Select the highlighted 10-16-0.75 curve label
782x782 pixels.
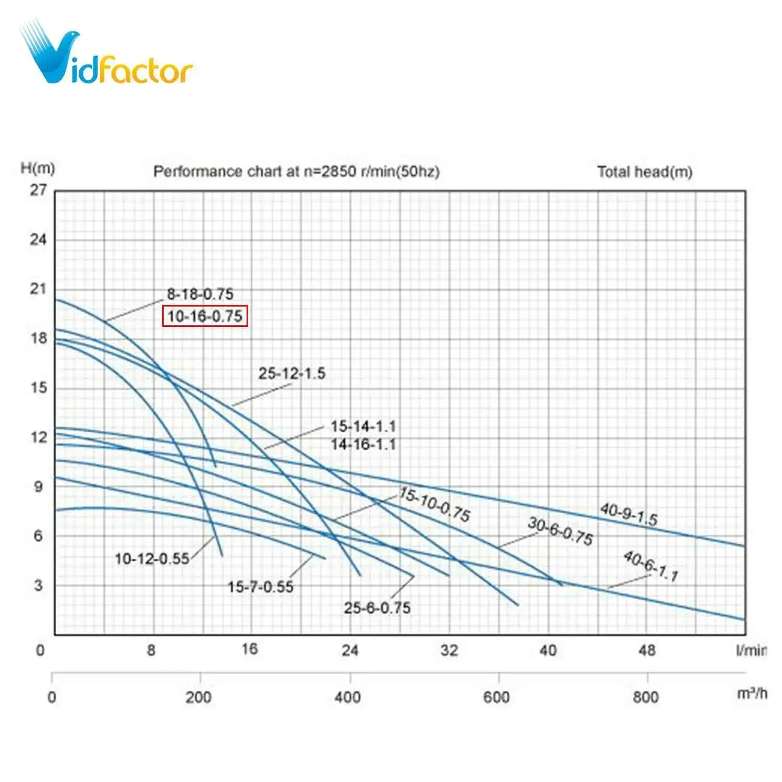pyautogui.click(x=205, y=316)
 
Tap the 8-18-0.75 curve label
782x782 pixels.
pyautogui.click(x=200, y=294)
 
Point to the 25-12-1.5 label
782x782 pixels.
pyautogui.click(x=291, y=373)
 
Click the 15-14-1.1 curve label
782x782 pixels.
pyautogui.click(x=363, y=426)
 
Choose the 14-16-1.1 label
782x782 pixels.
pyautogui.click(x=363, y=444)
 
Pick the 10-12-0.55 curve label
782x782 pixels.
pyautogui.click(x=152, y=558)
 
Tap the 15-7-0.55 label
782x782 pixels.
pyautogui.click(x=260, y=586)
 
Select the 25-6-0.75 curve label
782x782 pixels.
pyautogui.click(x=377, y=607)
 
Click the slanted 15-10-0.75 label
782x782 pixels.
pyautogui.click(x=435, y=504)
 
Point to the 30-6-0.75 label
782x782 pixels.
pyautogui.click(x=560, y=531)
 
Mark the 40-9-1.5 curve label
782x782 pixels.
pyautogui.click(x=628, y=514)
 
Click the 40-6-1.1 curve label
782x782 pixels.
pyautogui.click(x=651, y=566)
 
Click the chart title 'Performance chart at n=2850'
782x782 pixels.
pyautogui.click(x=296, y=172)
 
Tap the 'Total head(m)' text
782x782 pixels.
pyautogui.click(x=644, y=172)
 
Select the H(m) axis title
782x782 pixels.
pyautogui.click(x=38, y=168)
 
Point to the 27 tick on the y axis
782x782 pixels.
pyautogui.click(x=38, y=190)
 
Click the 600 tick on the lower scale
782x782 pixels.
pyautogui.click(x=496, y=697)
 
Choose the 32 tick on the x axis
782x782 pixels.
pyautogui.click(x=449, y=650)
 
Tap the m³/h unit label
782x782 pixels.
pyautogui.click(x=752, y=694)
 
